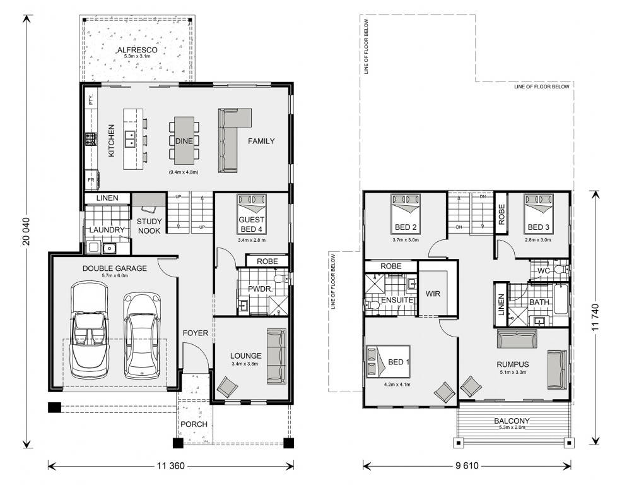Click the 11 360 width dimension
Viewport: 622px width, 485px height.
[x=170, y=466]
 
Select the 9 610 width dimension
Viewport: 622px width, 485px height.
[x=467, y=466]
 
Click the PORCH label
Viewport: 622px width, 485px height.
[x=194, y=423]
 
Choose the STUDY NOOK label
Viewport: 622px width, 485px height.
[x=149, y=225]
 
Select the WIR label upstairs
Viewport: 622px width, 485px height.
[x=433, y=293]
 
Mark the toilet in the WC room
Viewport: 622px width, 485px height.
[x=559, y=270]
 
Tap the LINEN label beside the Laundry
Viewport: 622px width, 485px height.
[x=107, y=198]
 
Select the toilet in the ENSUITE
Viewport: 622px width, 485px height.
[x=373, y=305]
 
